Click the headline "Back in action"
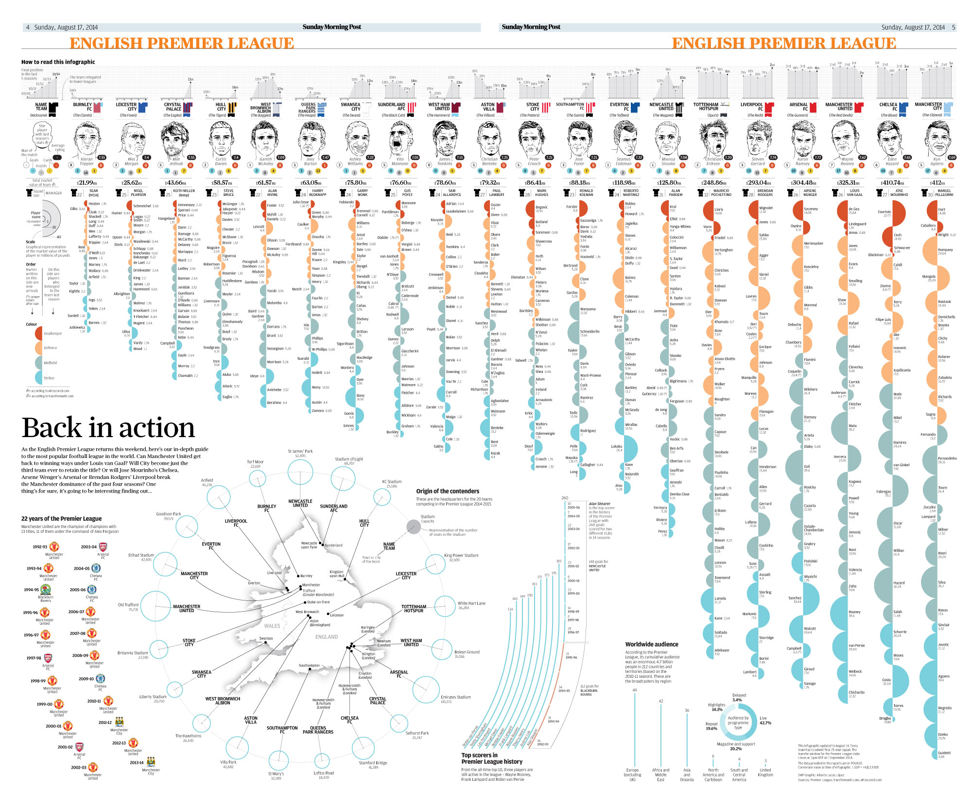click(108, 428)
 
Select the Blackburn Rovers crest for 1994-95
click(46, 590)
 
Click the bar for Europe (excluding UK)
click(634, 729)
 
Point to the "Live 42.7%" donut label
click(765, 720)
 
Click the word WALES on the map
click(272, 626)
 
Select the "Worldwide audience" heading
click(651, 644)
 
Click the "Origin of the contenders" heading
click(448, 491)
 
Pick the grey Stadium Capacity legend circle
click(413, 527)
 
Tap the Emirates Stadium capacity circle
click(426, 689)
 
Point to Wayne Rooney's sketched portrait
click(846, 139)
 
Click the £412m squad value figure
click(937, 183)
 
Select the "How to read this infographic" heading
click(58, 62)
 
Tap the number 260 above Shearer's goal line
click(564, 498)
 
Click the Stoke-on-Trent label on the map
click(318, 602)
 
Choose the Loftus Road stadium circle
click(322, 760)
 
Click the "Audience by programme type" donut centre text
click(738, 722)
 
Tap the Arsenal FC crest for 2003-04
click(103, 547)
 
